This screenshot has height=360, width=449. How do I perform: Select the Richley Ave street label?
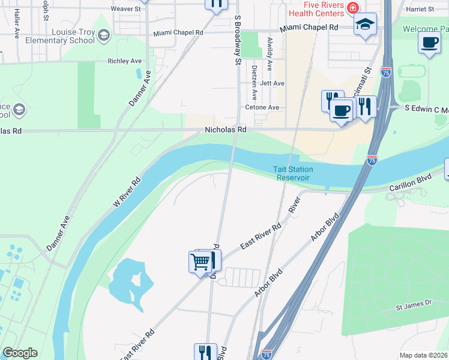[124, 61]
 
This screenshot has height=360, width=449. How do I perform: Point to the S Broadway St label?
[238, 40]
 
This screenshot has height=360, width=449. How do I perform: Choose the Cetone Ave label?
[262, 107]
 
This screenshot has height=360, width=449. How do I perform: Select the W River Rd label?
[127, 192]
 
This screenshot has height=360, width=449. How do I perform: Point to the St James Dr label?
[414, 307]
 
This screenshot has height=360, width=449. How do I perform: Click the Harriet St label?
[420, 9]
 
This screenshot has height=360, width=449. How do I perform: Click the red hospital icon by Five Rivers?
[354, 8]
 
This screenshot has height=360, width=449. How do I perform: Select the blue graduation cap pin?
[364, 25]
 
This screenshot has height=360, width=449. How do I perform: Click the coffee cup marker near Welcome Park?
[429, 43]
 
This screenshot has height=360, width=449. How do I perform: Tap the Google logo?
[20, 353]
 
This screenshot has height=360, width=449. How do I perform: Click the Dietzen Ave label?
[255, 83]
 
